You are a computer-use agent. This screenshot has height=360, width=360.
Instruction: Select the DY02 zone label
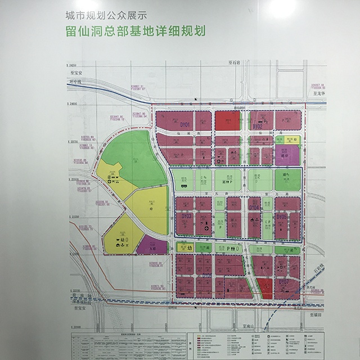(x=258, y=127)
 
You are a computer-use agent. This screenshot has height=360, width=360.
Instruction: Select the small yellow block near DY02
(x=297, y=140)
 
